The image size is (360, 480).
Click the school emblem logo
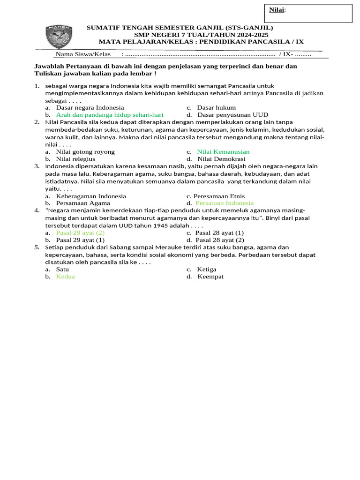59,37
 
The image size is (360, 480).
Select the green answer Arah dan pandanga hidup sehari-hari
110,114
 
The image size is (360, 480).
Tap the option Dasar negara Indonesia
90,107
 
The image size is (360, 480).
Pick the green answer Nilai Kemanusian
223,151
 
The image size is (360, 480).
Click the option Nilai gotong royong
85,151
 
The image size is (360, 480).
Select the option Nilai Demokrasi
221,159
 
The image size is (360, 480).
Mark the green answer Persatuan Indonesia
225,203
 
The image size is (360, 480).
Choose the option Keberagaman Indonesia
91,196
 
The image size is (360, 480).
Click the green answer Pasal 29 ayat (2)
80,232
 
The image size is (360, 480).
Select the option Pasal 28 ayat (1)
220,232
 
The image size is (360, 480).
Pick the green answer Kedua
66,277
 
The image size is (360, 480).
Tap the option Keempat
210,277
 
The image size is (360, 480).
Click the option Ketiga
207,269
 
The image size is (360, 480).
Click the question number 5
37,247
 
